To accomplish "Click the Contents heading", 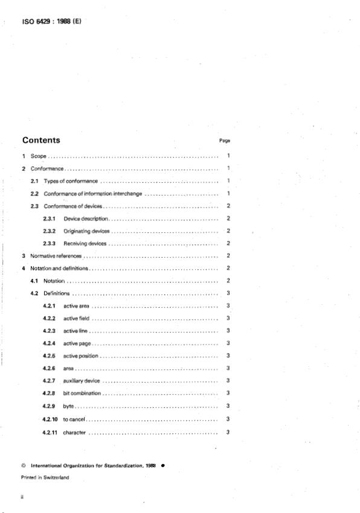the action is pyautogui.click(x=41, y=141).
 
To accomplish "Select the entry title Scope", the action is pyautogui.click(x=39, y=156).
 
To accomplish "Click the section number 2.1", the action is pyautogui.click(x=35, y=181).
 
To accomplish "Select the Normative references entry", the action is pyautogui.click(x=56, y=256).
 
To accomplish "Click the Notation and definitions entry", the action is pyautogui.click(x=59, y=268).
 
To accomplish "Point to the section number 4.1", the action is pyautogui.click(x=35, y=281).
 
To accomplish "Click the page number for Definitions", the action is pyautogui.click(x=228, y=293).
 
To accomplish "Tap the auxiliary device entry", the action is pyautogui.click(x=81, y=380).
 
